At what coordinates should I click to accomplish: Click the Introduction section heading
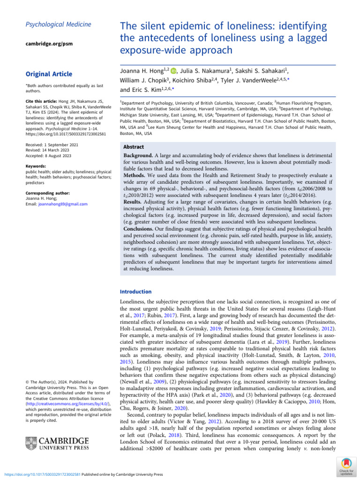(x=136, y=291)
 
